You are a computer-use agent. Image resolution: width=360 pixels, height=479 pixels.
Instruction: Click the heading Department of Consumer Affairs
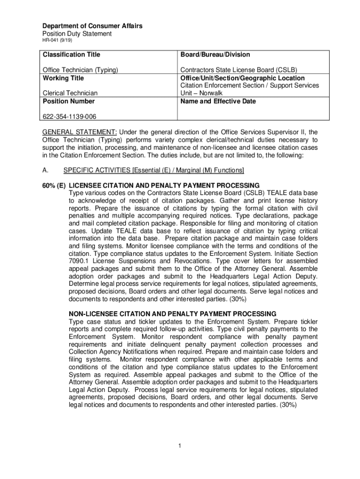[x=93, y=26]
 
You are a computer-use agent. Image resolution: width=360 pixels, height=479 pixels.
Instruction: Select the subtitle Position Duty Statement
[x=77, y=34]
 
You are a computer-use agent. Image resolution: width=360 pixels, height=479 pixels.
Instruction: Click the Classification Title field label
[x=71, y=55]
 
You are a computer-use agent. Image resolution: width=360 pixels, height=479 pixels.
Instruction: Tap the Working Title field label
[x=63, y=78]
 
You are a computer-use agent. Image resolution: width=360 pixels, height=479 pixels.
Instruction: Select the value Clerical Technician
[x=70, y=93]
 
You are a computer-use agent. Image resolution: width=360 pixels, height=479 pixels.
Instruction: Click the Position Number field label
[x=69, y=101]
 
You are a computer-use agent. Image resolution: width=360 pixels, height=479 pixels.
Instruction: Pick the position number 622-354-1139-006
[x=70, y=116]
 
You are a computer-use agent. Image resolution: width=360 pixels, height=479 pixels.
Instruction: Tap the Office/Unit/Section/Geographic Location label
[x=243, y=78]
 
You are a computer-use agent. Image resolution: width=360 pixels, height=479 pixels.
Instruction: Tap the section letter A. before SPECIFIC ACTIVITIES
[x=46, y=170]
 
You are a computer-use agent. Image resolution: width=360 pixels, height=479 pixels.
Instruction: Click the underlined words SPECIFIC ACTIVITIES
[x=97, y=170]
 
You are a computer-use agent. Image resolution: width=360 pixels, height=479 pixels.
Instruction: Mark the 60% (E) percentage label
[x=54, y=185]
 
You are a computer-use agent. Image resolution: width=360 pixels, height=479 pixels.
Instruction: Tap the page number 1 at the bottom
[x=180, y=446]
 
